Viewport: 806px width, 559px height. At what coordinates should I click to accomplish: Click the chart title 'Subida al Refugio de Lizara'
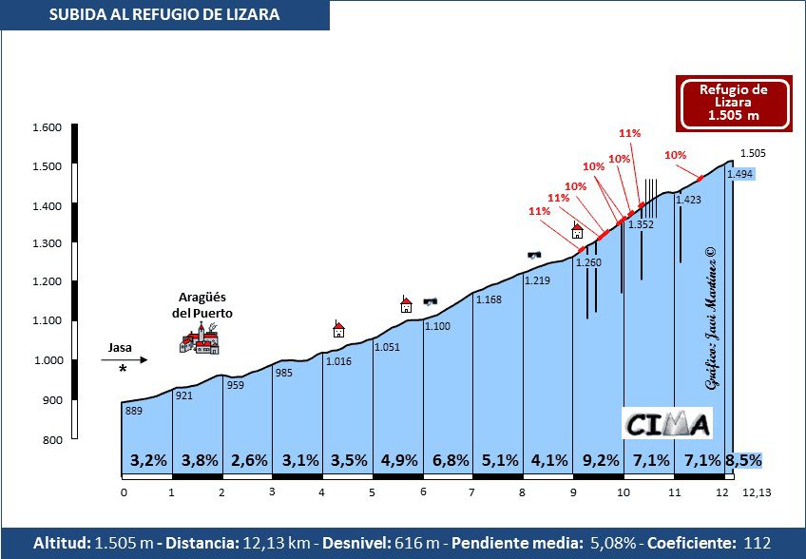point(164,14)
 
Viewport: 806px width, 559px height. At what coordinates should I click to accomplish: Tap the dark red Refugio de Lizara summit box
point(733,103)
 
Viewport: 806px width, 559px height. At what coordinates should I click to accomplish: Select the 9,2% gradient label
point(600,460)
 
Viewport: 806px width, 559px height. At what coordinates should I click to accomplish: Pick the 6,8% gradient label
point(451,460)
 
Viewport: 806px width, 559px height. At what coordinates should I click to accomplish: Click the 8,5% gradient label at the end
point(743,460)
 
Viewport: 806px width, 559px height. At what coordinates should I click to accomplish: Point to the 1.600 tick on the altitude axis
point(48,127)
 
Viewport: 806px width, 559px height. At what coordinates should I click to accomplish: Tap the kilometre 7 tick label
point(471,492)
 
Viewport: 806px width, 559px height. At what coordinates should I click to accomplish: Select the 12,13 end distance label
point(757,492)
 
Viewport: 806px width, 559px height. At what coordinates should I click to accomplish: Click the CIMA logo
point(668,423)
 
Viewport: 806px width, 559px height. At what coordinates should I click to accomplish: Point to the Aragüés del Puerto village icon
point(200,337)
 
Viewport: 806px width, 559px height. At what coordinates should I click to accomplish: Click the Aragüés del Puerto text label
point(201,304)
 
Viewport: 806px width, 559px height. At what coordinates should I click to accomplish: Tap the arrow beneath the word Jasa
point(125,359)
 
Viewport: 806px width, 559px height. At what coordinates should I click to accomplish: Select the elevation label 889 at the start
point(134,411)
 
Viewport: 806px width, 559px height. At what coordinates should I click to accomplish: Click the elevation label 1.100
point(437,326)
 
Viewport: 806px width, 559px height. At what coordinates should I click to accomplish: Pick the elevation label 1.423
point(688,200)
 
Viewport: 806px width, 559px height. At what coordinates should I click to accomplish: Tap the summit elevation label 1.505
point(753,153)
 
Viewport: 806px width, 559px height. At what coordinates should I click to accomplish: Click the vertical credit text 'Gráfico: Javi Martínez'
point(710,318)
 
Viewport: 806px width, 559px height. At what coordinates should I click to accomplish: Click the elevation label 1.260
point(588,262)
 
